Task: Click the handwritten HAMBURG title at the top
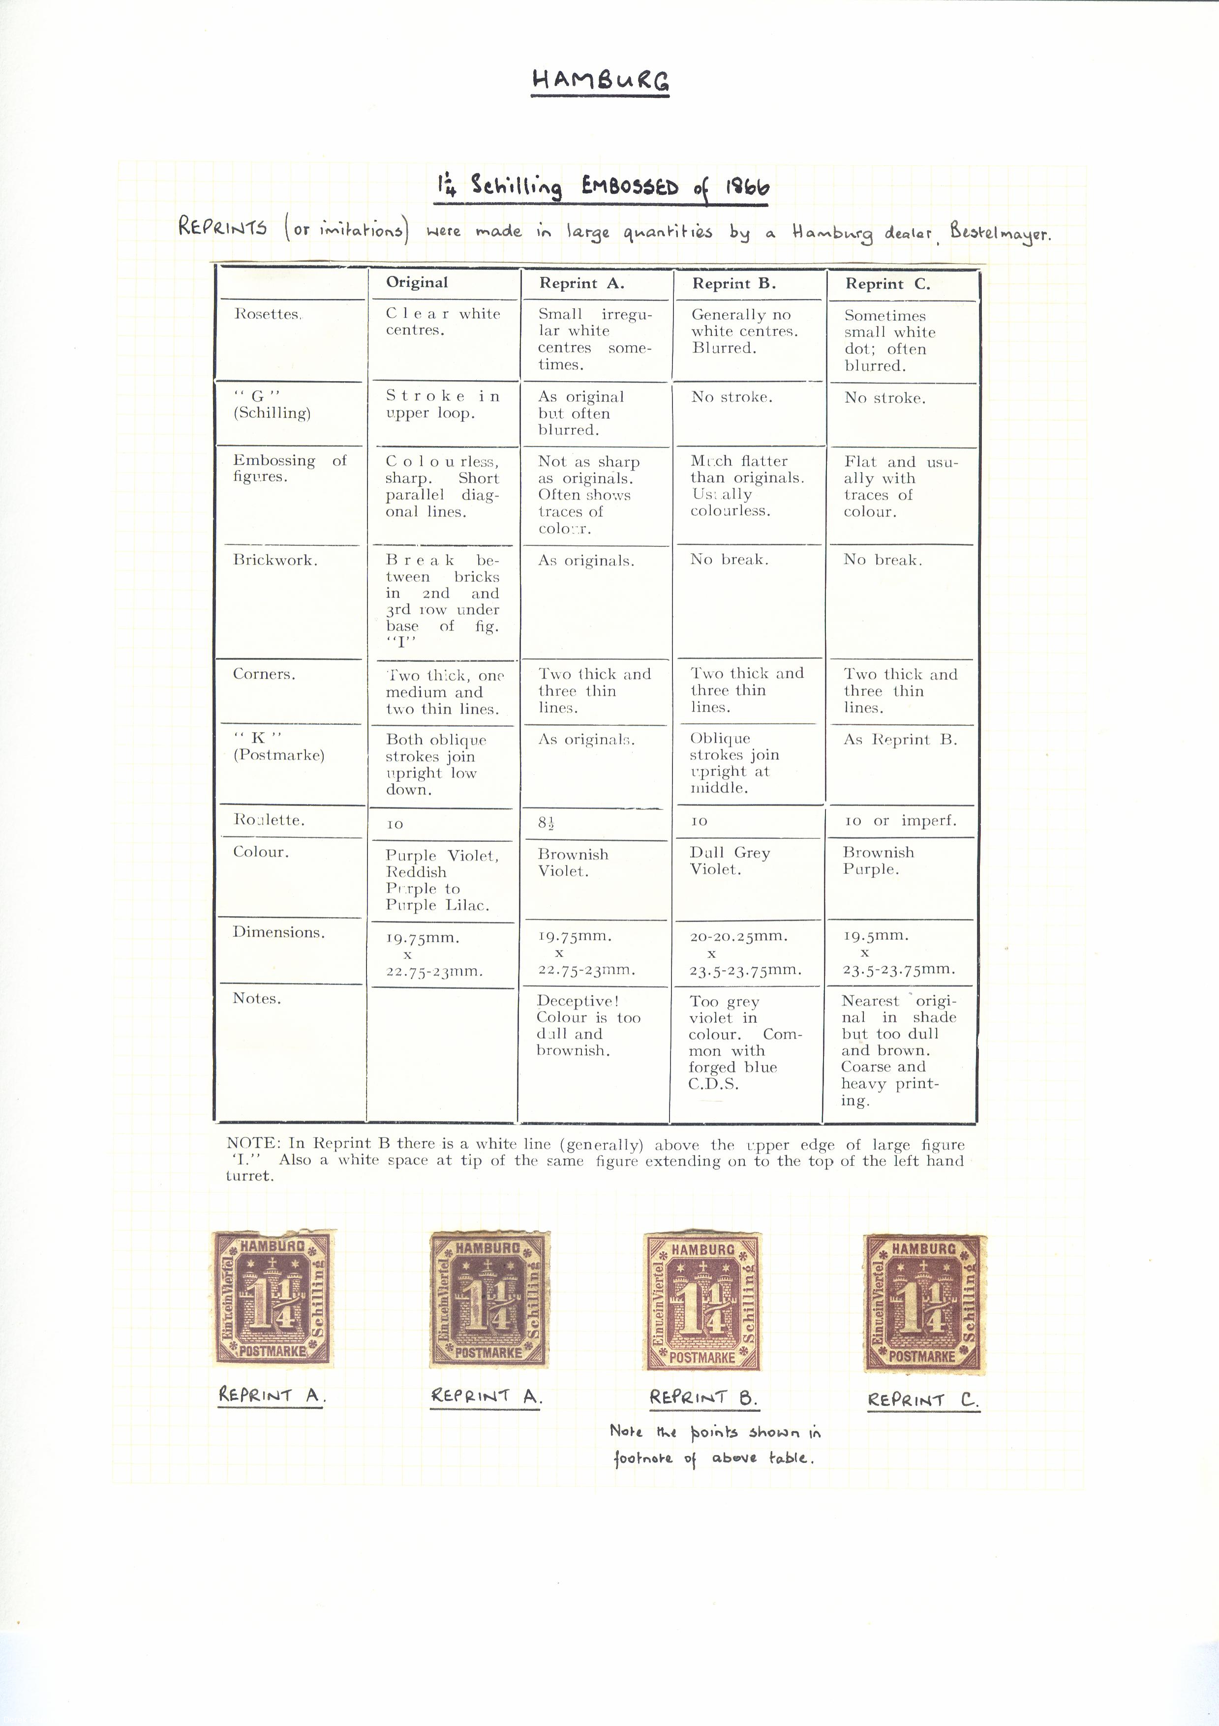pos(600,81)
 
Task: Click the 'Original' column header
pos(417,283)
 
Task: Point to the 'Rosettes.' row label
pos(268,314)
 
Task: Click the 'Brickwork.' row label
pos(275,560)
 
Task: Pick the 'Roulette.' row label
pos(269,820)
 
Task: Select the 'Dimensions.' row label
pos(279,932)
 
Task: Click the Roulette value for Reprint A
pos(547,822)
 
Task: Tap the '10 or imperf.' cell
pos(900,821)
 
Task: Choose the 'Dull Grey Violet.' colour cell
pos(730,861)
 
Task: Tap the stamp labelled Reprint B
pos(703,1301)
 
